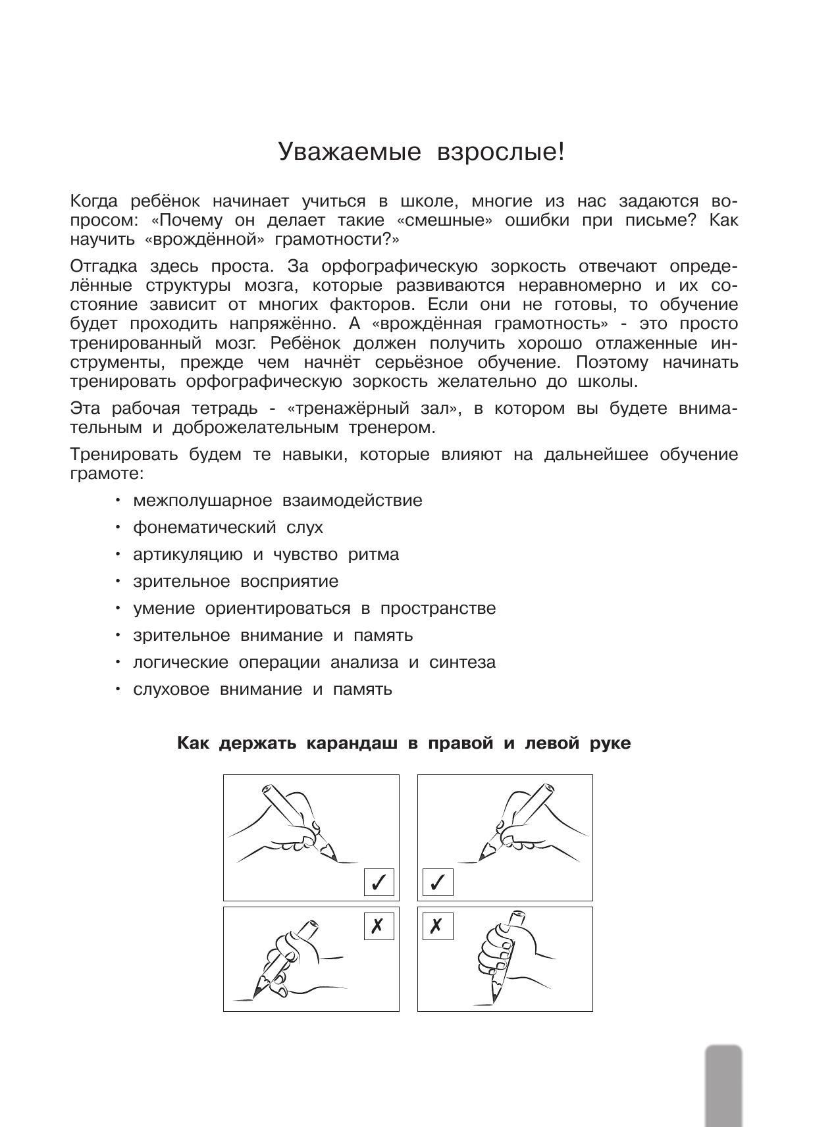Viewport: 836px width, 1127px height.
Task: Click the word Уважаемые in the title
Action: (x=350, y=152)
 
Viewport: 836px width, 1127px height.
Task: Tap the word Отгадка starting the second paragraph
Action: (x=103, y=266)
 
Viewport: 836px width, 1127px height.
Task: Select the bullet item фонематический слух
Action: (x=228, y=528)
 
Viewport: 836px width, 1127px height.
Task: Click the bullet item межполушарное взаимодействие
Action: (x=277, y=501)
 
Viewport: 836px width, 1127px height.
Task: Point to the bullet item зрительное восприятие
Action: (x=236, y=582)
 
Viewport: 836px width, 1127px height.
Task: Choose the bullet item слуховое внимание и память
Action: (x=262, y=689)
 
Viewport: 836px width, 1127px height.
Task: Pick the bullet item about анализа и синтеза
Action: (x=314, y=663)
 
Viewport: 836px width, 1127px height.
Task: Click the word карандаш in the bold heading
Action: (x=354, y=744)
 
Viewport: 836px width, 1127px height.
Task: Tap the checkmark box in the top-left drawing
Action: (x=379, y=882)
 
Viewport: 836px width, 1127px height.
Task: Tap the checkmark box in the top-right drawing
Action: (x=438, y=882)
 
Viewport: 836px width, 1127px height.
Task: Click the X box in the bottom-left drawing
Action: (x=379, y=926)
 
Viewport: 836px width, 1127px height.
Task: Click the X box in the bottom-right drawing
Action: (x=438, y=926)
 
